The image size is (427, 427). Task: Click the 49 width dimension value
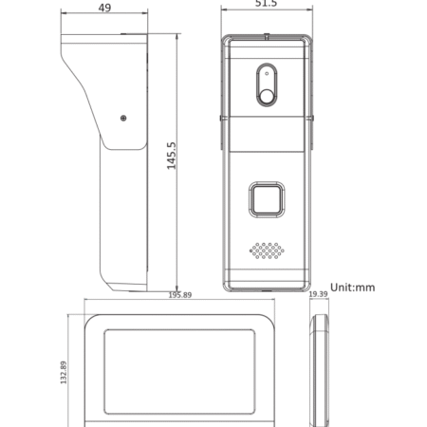(106, 9)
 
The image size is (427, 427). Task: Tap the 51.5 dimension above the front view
(266, 5)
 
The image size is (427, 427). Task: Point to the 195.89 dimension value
(179, 295)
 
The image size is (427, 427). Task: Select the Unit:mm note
(351, 286)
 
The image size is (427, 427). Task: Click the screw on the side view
(122, 118)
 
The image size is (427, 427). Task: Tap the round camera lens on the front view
(267, 91)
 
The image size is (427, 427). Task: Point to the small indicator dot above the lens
(267, 72)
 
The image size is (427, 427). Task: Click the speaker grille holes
(268, 251)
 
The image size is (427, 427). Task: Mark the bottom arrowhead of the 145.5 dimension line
(177, 288)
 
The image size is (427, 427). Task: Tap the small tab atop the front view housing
(267, 37)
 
